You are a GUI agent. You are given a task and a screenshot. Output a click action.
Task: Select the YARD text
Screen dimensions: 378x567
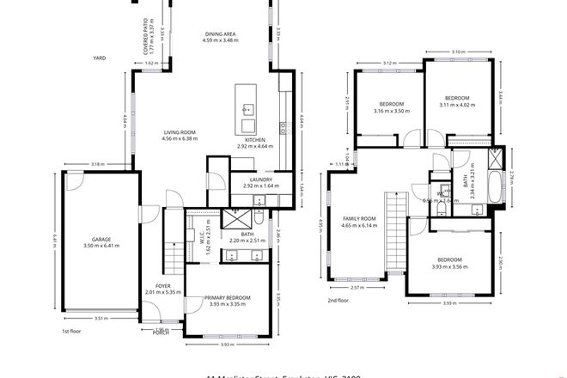pos(99,58)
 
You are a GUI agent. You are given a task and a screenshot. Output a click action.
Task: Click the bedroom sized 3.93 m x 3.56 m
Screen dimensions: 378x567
pos(449,259)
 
